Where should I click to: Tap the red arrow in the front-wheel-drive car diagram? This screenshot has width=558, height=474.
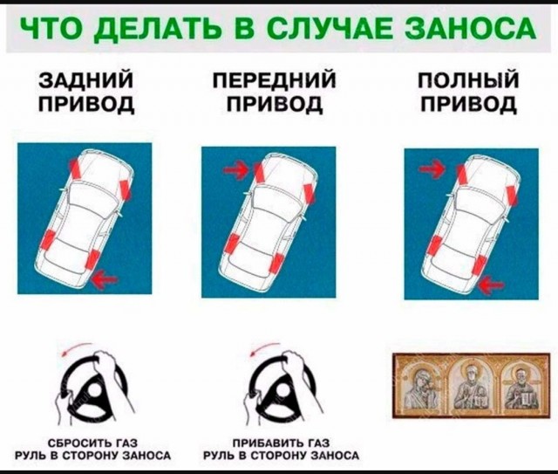235,169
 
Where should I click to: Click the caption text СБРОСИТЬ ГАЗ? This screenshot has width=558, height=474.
95,443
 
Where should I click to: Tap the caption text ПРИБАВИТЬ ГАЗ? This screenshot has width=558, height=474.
280,443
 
